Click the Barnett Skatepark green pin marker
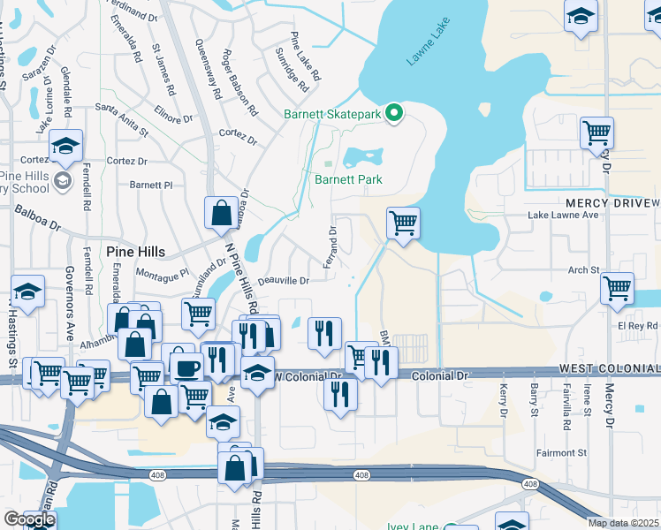coord(396,113)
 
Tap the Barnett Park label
coord(349,179)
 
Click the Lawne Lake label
coord(422,49)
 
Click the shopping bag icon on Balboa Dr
coord(220,212)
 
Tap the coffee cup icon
coord(186,367)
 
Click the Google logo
coord(29,519)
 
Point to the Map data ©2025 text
coord(624,523)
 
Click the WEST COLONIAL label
coord(608,368)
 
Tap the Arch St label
coord(583,269)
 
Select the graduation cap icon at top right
coord(580,16)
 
